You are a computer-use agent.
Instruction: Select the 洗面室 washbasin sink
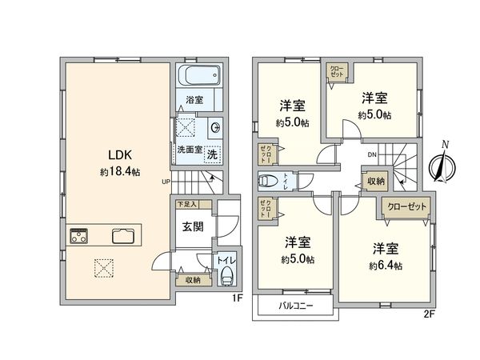217,129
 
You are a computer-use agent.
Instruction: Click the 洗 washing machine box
212,153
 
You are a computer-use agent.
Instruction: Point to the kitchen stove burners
80,235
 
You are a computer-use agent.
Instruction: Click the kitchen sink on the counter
123,235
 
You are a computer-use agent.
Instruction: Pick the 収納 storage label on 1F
193,279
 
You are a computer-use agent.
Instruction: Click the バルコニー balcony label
296,306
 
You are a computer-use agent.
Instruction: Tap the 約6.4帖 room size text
385,265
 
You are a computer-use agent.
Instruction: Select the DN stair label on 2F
372,154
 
